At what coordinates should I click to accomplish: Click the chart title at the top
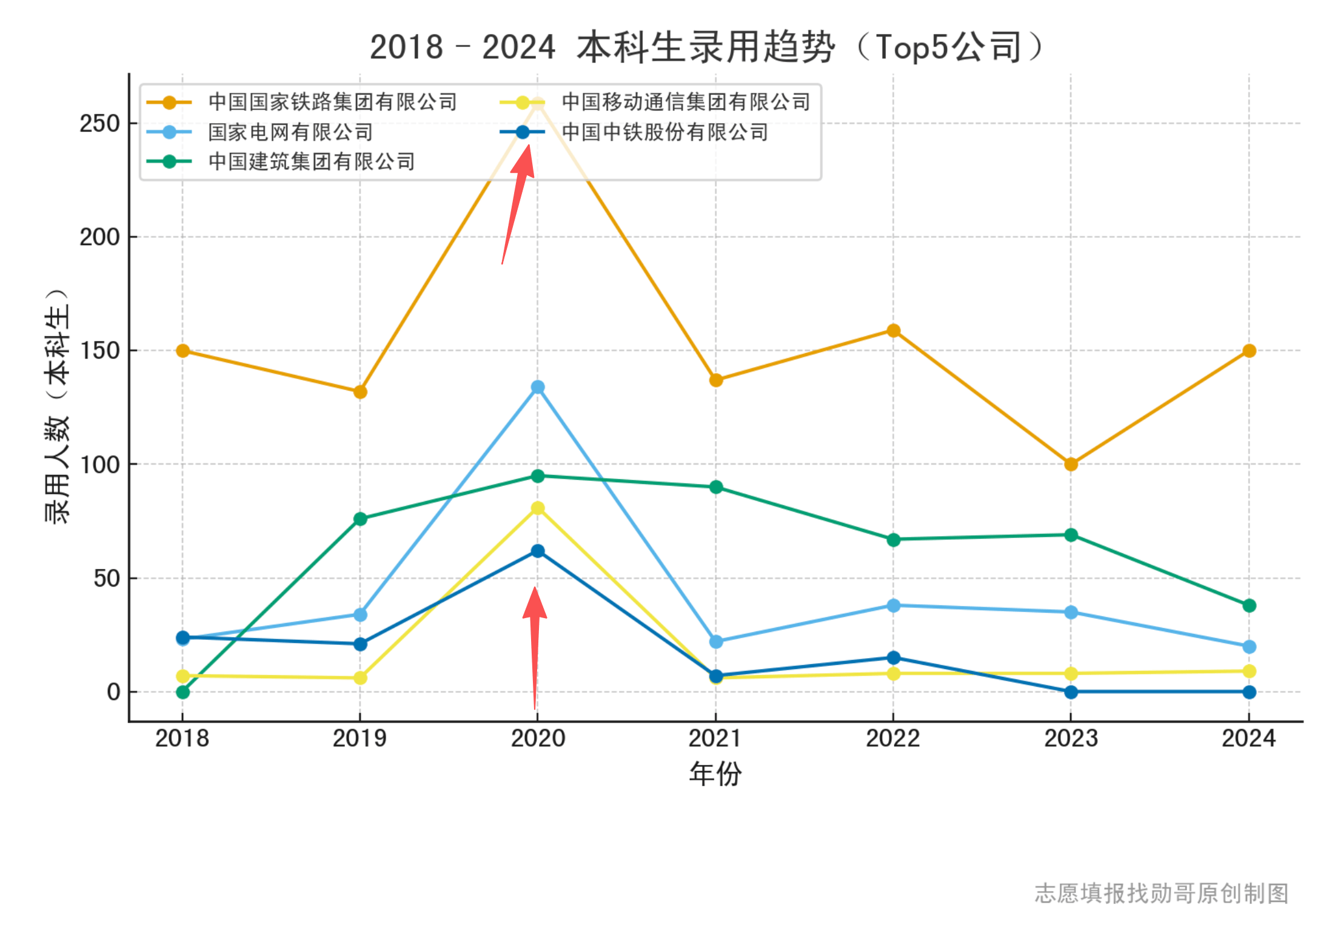point(706,47)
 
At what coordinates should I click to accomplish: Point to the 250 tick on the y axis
point(99,124)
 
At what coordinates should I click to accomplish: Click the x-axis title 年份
point(715,774)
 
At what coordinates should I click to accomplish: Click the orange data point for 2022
point(893,331)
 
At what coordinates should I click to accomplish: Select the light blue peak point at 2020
point(538,387)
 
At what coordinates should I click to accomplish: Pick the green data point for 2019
point(360,519)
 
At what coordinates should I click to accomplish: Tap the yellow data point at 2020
point(538,508)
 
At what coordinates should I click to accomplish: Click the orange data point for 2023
point(1071,464)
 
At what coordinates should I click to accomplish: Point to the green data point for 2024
point(1249,605)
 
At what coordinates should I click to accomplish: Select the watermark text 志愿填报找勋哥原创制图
point(1161,894)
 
